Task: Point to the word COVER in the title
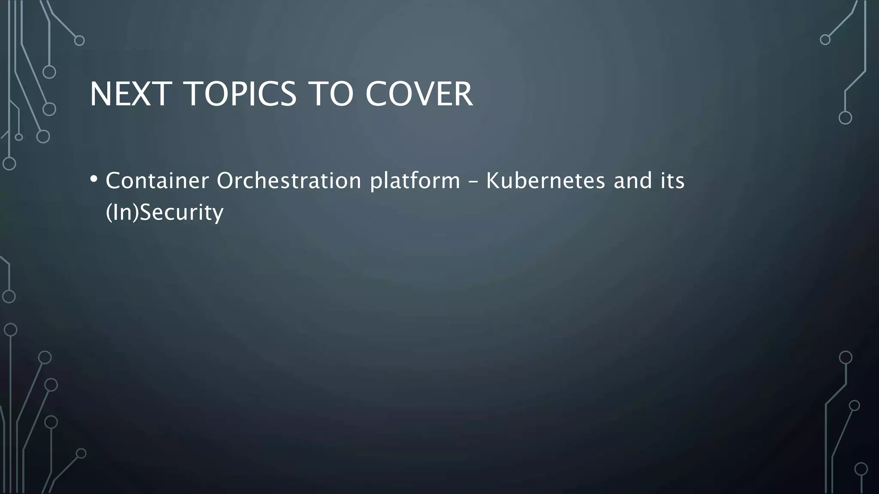coord(419,94)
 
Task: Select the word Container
coord(157,181)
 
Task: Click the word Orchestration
coord(289,181)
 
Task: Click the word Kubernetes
coord(545,181)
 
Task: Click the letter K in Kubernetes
coord(492,181)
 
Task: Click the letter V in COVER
coord(421,94)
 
